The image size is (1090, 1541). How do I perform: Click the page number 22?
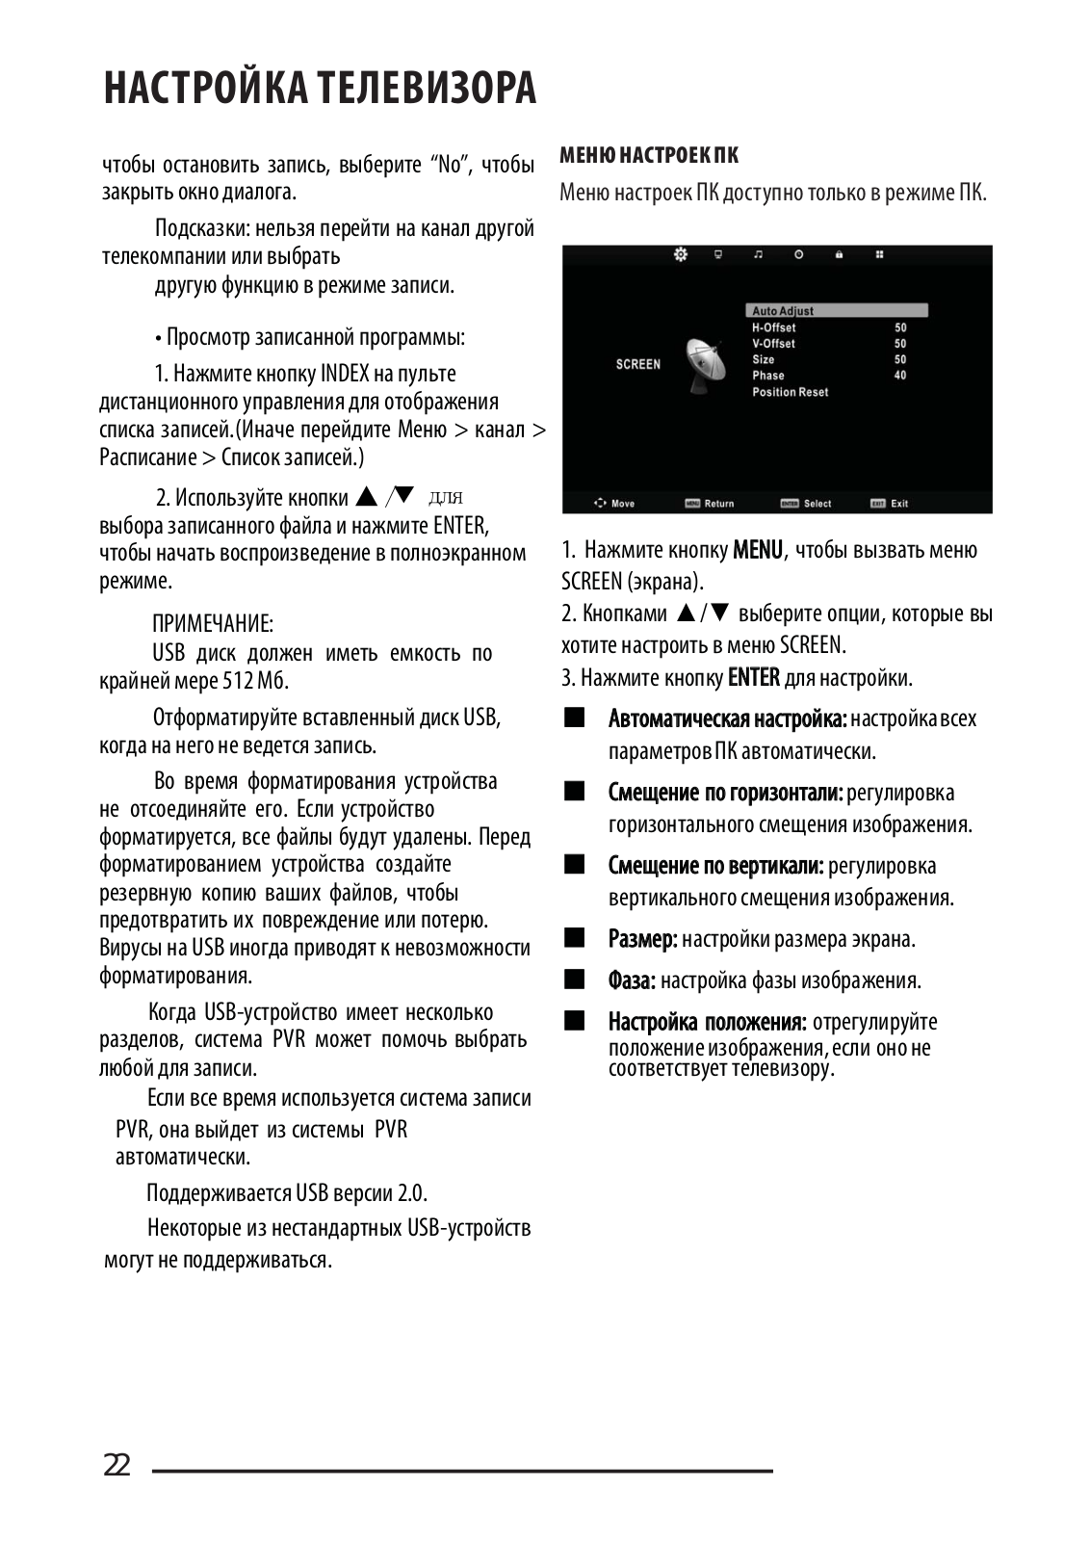point(117,1466)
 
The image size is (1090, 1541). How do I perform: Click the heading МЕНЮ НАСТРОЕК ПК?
point(649,156)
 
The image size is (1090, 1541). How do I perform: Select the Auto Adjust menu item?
point(783,311)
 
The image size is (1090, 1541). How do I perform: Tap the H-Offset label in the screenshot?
point(773,327)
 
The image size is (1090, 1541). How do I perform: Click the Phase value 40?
point(899,376)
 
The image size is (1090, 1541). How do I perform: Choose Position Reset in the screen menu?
point(790,392)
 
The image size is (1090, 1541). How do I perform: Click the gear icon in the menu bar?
point(681,254)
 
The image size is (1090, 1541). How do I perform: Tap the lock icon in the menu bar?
point(839,254)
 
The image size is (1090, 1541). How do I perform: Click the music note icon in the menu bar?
point(758,254)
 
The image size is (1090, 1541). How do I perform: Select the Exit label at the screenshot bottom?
point(898,504)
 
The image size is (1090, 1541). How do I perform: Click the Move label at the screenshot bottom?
point(622,504)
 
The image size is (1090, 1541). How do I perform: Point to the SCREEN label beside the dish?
point(637,364)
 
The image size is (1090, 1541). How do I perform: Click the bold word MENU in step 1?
point(758,551)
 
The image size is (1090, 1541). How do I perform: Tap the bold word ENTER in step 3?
point(754,678)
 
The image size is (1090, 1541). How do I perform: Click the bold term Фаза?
point(632,980)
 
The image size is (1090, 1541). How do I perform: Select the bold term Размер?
point(642,939)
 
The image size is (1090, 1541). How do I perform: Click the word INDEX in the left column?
point(345,374)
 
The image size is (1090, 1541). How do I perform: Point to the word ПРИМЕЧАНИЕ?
point(213,623)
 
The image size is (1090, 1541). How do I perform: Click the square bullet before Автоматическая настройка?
point(575,718)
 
